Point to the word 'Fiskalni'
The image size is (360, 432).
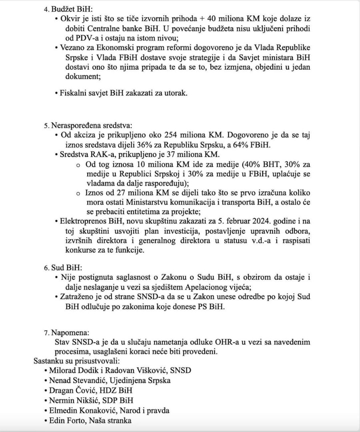pos(74,93)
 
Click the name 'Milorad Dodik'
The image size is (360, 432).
pos(74,370)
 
